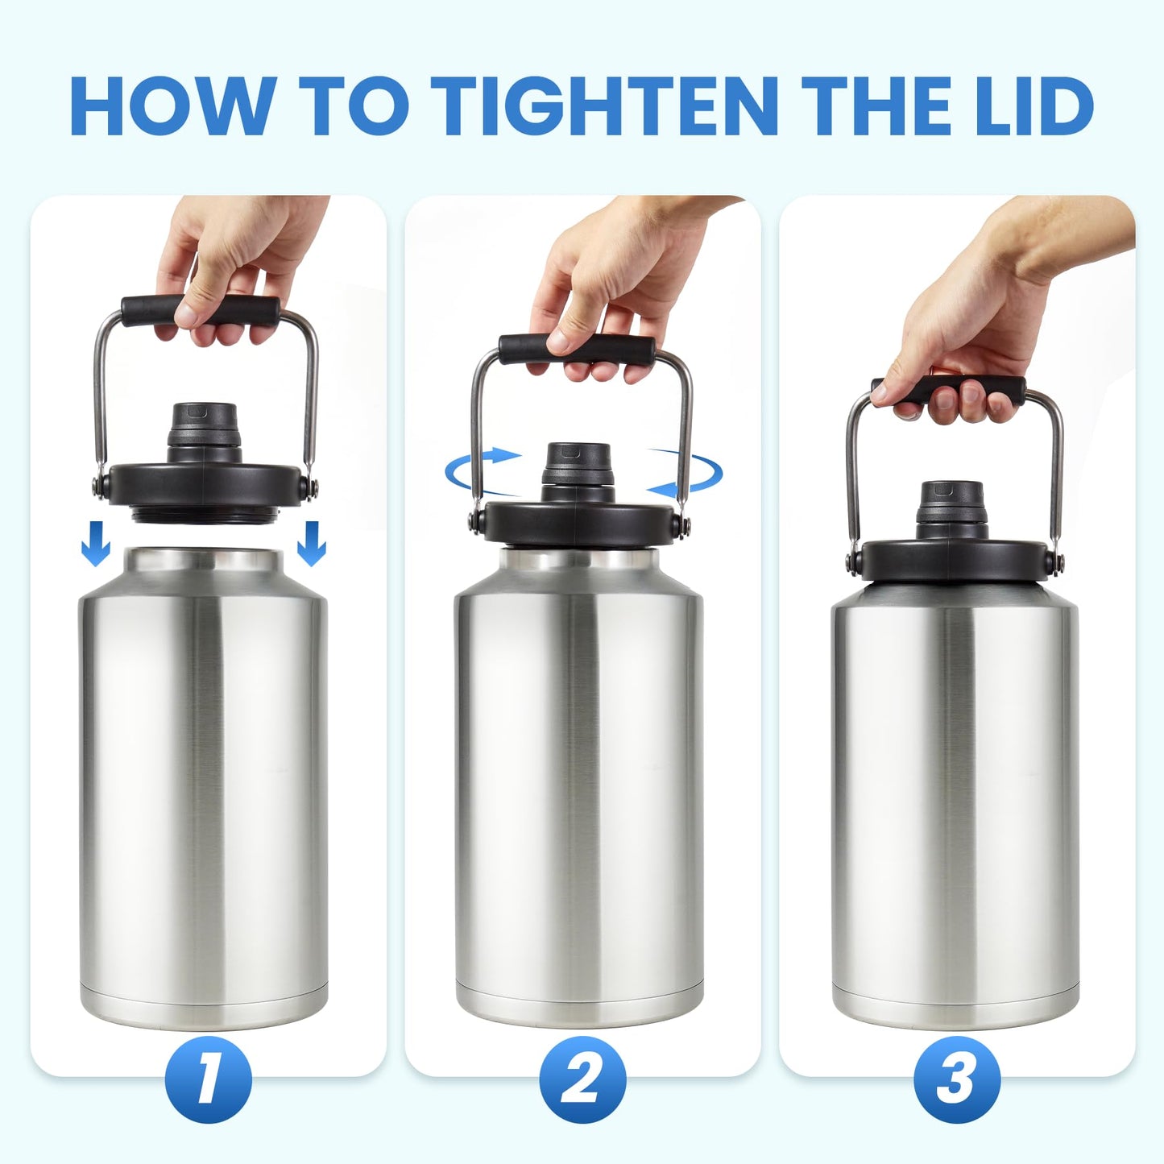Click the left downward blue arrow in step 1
96,543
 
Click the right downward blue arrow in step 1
311,543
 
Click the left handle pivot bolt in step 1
99,485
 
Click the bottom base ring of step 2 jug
580,1000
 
